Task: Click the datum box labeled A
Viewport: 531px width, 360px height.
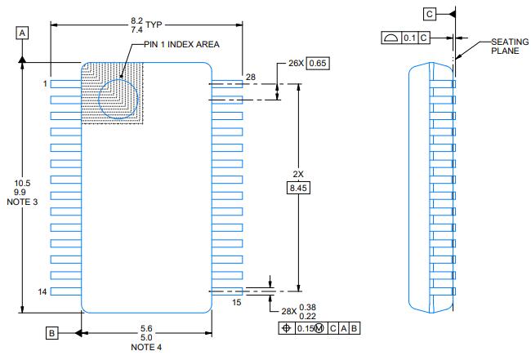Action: pyautogui.click(x=22, y=32)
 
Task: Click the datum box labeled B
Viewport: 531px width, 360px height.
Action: pyautogui.click(x=52, y=333)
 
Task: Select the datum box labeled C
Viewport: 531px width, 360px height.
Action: pyautogui.click(x=430, y=13)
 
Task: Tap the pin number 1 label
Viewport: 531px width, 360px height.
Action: pyautogui.click(x=46, y=83)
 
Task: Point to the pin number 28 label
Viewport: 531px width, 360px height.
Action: pyautogui.click(x=250, y=77)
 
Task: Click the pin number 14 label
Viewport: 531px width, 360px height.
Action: pyautogui.click(x=43, y=291)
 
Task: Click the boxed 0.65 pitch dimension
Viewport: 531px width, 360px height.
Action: pyautogui.click(x=318, y=63)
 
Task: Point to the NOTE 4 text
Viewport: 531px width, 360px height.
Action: pyautogui.click(x=146, y=348)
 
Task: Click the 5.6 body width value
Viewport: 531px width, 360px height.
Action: pyautogui.click(x=146, y=327)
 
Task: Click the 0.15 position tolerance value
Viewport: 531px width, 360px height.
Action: pyautogui.click(x=304, y=328)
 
